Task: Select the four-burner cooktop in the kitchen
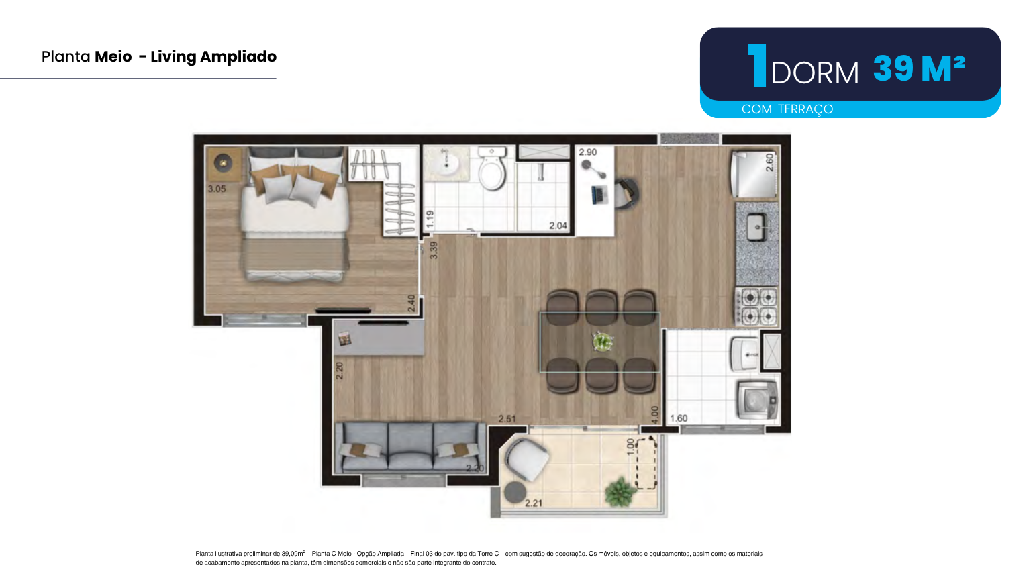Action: click(x=758, y=307)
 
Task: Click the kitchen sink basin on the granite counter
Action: click(x=756, y=226)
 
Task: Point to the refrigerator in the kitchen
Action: click(x=754, y=175)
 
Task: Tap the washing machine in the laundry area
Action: click(x=757, y=399)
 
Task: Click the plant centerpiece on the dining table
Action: click(x=603, y=342)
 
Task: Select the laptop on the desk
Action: click(x=599, y=194)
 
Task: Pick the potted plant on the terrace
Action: click(x=620, y=492)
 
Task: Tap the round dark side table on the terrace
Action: click(x=515, y=493)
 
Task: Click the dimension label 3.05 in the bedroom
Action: click(x=217, y=189)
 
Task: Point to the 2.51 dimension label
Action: click(x=507, y=418)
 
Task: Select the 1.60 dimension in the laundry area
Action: click(x=679, y=418)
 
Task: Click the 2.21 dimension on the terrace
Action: click(x=534, y=503)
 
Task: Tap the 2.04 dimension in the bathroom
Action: click(x=558, y=226)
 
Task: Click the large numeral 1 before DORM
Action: click(x=757, y=65)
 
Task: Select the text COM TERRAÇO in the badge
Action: click(x=787, y=109)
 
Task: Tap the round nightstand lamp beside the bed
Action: click(x=224, y=162)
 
